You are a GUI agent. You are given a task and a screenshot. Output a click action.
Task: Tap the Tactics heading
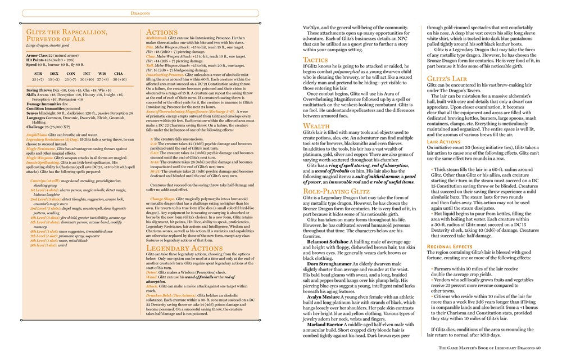click(316, 60)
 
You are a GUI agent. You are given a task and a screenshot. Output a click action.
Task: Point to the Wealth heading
click(316, 127)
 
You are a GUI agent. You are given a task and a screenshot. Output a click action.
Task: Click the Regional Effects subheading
click(451, 246)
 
